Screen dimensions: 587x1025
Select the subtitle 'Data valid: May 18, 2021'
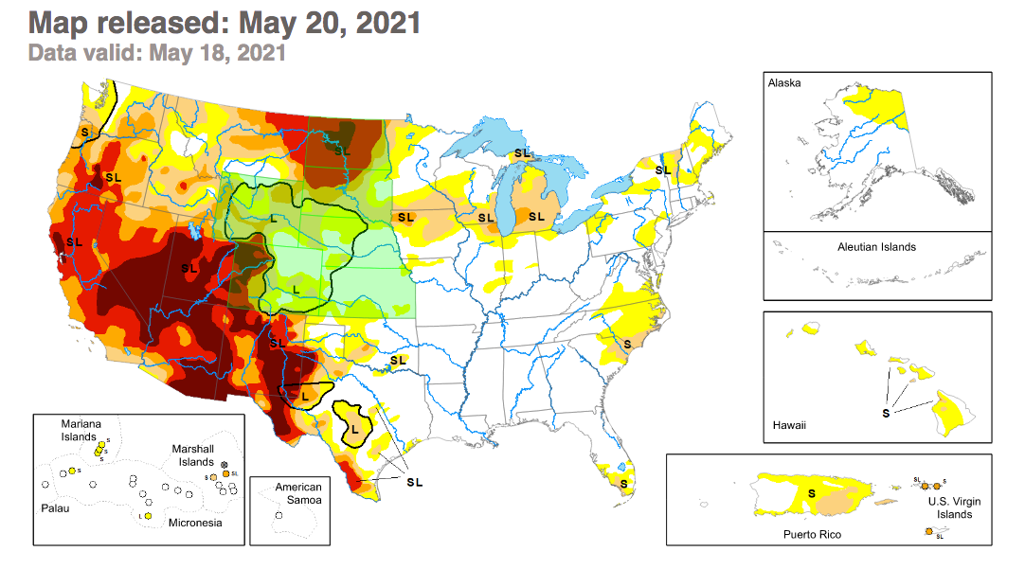[156, 52]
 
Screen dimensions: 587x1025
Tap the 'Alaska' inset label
[784, 83]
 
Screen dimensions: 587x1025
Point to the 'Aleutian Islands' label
[876, 247]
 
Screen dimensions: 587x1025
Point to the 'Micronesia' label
[194, 522]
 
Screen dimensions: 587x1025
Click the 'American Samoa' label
[298, 493]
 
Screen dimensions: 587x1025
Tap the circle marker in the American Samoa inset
[279, 515]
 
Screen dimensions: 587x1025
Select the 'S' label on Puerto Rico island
[812, 493]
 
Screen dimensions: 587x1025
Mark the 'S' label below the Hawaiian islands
[886, 413]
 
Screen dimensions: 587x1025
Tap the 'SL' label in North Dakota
[342, 150]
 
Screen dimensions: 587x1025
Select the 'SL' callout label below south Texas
[414, 482]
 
